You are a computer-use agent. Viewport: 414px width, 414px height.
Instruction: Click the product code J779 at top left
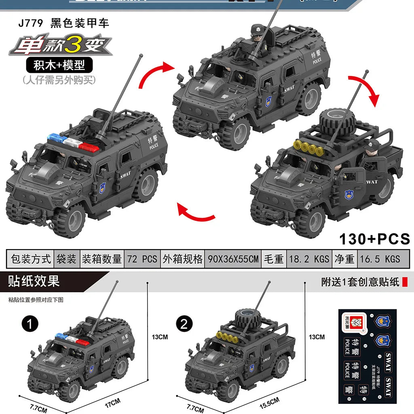pyautogui.click(x=30, y=23)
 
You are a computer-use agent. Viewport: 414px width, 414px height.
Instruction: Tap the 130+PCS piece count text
pyautogui.click(x=374, y=239)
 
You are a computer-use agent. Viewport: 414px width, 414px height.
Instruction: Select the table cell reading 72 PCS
pyautogui.click(x=142, y=259)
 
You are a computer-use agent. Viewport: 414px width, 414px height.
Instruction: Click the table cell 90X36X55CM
pyautogui.click(x=232, y=259)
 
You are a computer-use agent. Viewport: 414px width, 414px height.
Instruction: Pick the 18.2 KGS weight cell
pyautogui.click(x=308, y=259)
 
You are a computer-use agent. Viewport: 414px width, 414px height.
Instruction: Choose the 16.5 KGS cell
pyautogui.click(x=380, y=259)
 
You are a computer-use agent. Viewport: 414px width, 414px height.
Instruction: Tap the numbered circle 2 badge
pyautogui.click(x=184, y=324)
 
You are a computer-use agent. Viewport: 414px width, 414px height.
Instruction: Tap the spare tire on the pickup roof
pyautogui.click(x=337, y=121)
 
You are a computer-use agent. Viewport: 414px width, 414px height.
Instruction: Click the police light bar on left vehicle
pyautogui.click(x=74, y=142)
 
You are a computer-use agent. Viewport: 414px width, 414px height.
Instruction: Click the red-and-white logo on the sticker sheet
pyautogui.click(x=351, y=322)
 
